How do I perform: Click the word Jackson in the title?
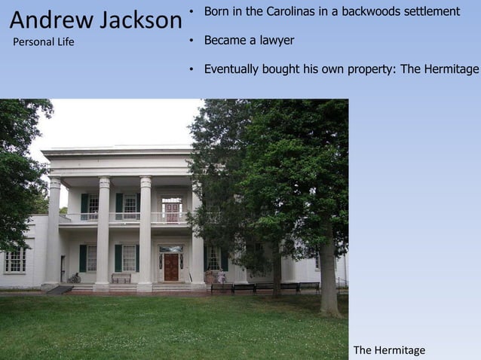coord(136,20)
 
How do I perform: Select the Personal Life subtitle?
coord(44,42)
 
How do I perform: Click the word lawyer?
coord(276,40)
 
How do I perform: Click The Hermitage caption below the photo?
coord(389,350)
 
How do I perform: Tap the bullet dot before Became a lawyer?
coord(192,41)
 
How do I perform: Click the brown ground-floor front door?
coord(171,267)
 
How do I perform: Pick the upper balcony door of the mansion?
coord(172,210)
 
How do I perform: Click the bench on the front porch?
coord(121,278)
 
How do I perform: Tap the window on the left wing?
coord(15,261)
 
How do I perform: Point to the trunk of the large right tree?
coord(328,279)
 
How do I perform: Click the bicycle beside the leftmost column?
coord(74,278)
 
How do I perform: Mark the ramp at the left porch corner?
coord(60,290)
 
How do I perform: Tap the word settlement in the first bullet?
coord(432,11)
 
